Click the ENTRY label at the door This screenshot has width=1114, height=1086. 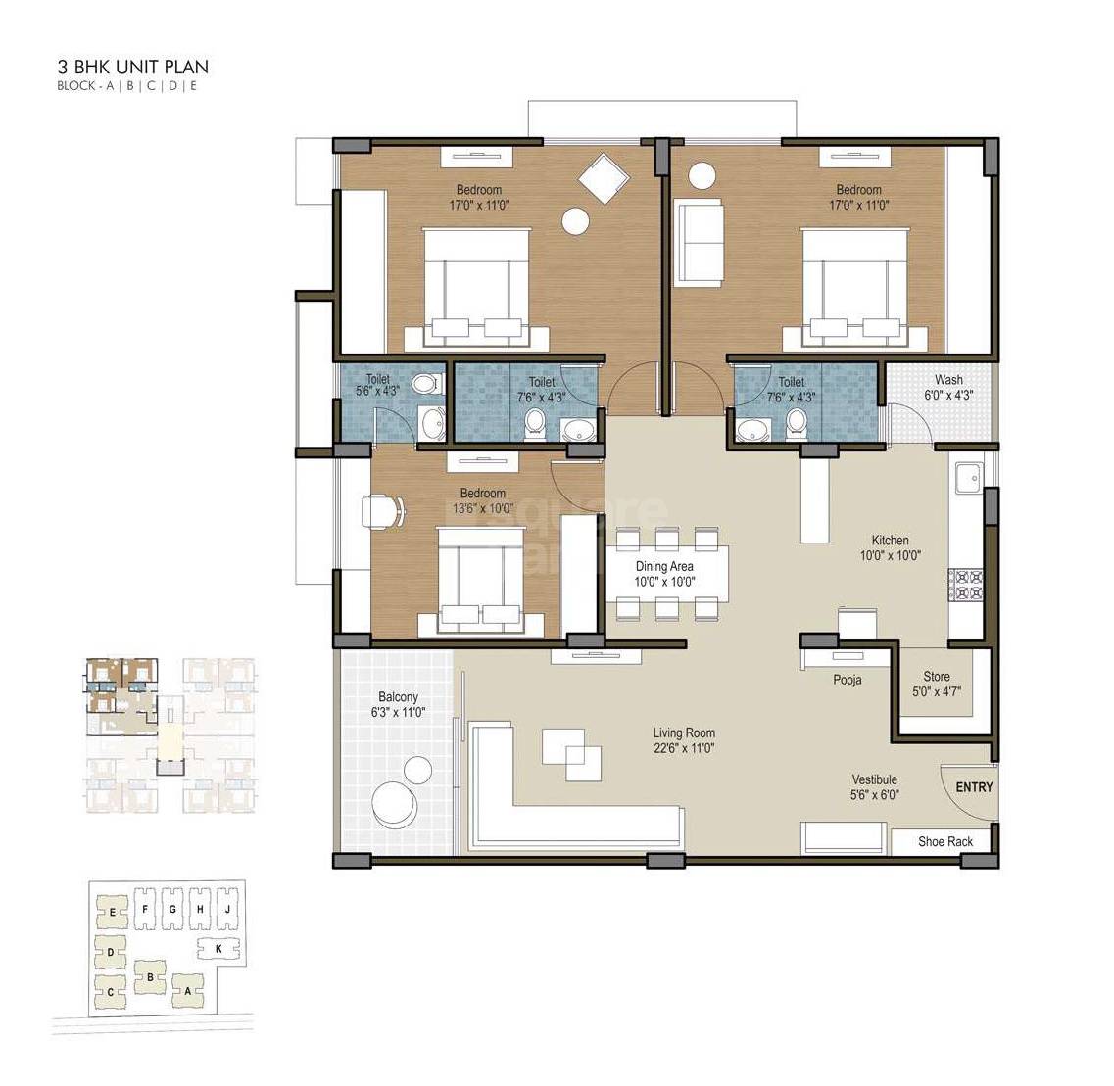click(x=974, y=787)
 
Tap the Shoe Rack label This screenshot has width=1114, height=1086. click(x=945, y=841)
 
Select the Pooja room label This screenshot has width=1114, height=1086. click(x=848, y=680)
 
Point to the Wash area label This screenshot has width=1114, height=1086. click(x=948, y=380)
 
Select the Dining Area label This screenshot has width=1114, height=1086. click(x=664, y=566)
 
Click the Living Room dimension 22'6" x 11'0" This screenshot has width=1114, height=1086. click(x=684, y=748)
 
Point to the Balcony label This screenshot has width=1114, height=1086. click(x=398, y=697)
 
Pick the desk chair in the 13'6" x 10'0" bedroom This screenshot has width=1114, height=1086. click(x=379, y=511)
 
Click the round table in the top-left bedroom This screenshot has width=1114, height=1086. click(x=575, y=222)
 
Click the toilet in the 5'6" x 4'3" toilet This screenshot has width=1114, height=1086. click(x=424, y=383)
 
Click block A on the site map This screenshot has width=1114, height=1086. click(x=186, y=991)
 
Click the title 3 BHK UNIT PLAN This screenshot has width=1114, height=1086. click(x=132, y=68)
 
